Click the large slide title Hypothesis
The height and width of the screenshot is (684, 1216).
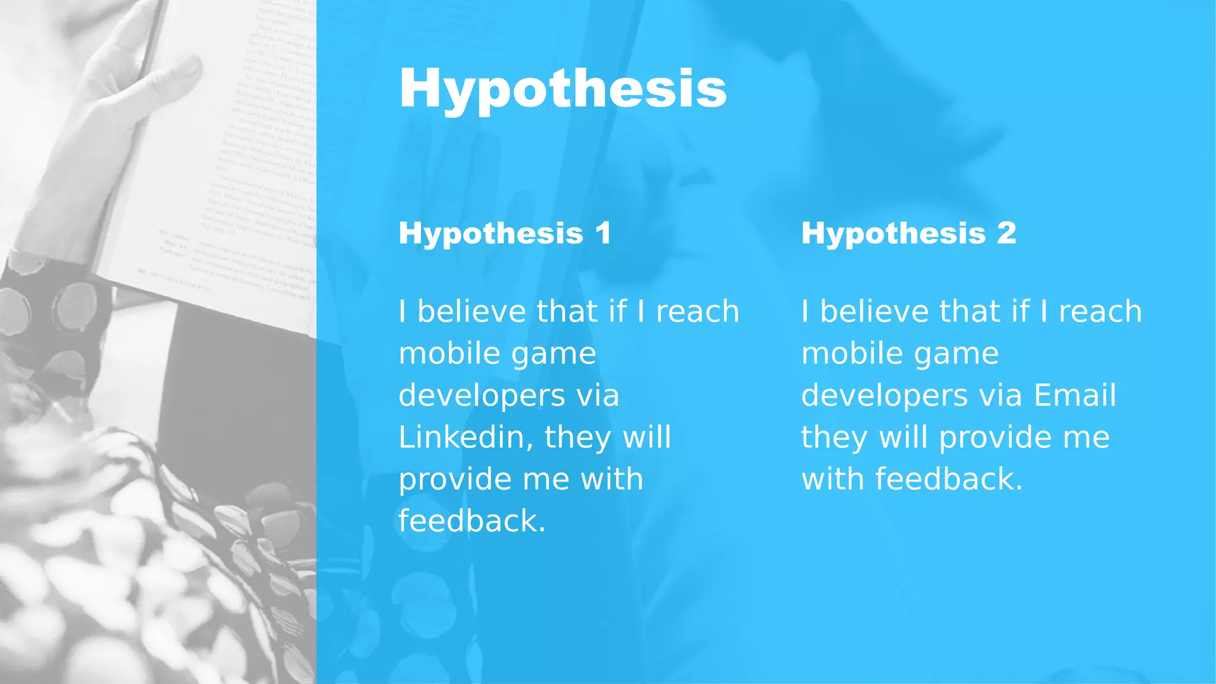563,89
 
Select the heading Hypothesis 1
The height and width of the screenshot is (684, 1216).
505,233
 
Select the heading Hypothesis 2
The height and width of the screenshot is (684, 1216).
908,233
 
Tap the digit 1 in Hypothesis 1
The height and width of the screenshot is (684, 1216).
603,233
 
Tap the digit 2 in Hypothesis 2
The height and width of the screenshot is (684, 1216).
1006,233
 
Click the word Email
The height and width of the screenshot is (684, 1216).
1075,395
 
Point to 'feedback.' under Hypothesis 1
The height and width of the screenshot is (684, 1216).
471,521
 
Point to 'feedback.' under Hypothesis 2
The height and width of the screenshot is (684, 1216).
912,479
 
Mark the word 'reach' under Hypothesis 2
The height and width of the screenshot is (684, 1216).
1100,312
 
